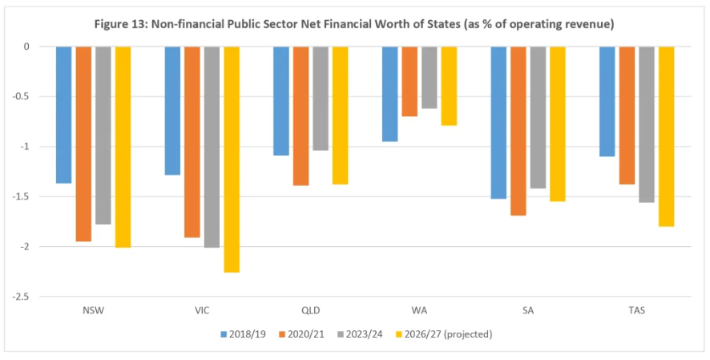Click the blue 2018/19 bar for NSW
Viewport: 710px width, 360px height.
coord(63,115)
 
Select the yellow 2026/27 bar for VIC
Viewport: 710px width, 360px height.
coord(231,159)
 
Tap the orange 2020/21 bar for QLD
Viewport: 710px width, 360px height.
coord(301,115)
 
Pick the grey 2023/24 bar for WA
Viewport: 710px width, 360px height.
coord(429,77)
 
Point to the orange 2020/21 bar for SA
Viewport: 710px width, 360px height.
coord(518,131)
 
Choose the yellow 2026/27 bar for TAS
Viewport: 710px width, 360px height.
coord(666,136)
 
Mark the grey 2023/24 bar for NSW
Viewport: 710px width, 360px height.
coord(103,135)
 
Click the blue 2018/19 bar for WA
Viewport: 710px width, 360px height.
coord(389,94)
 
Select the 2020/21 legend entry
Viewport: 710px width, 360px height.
coord(300,333)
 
